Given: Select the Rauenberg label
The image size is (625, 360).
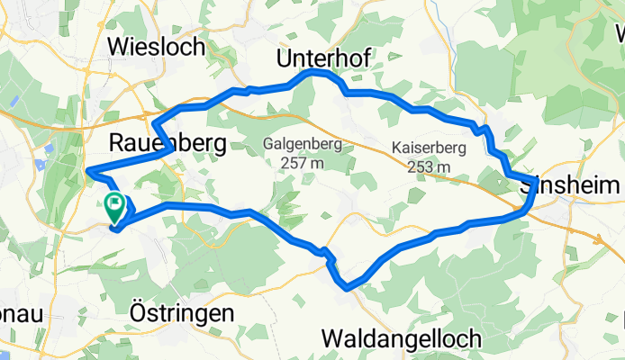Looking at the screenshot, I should coord(167,142).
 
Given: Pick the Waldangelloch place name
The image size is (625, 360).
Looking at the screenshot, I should coord(402,339).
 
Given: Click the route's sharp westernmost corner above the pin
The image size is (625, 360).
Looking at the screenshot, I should coord(87,170).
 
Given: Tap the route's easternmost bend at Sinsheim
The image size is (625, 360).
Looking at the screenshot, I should coord(535,184).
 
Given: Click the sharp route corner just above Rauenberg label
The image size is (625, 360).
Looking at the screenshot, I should coord(154,121).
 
